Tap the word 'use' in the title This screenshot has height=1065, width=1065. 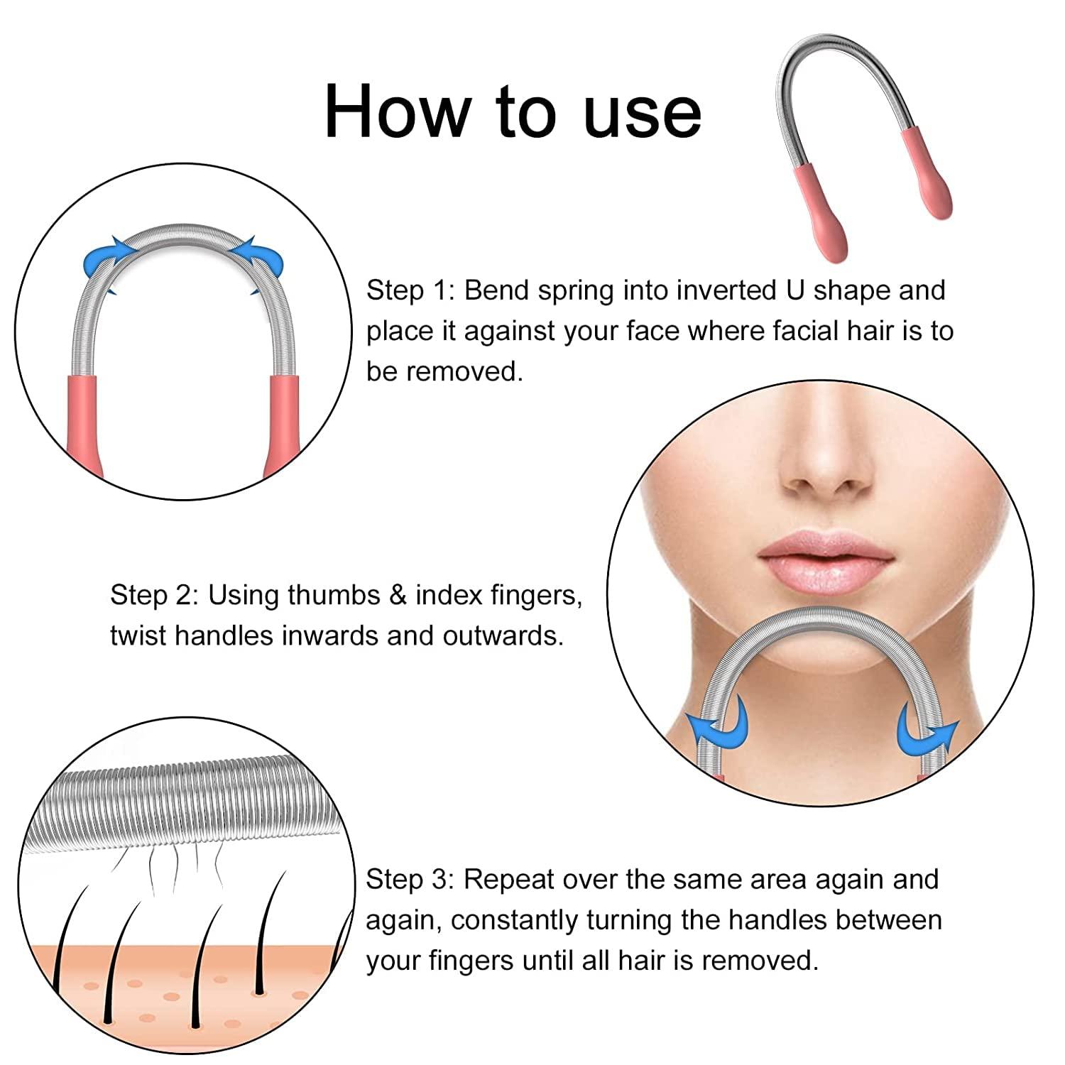tap(642, 114)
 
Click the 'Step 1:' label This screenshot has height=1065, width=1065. tap(410, 290)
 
